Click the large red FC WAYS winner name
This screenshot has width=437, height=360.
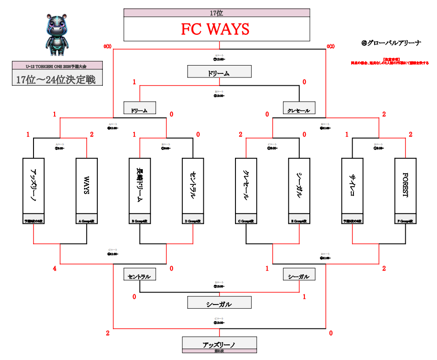216,29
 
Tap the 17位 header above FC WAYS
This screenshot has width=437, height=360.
217,13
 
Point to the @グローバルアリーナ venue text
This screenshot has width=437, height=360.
391,43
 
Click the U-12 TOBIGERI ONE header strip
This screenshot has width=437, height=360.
57,66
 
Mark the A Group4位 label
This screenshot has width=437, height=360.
86,221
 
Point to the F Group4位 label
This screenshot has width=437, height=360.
405,221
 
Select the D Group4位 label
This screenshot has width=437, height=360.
193,221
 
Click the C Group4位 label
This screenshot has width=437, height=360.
246,221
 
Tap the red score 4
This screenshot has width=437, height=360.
55,269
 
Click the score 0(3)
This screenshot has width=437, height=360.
107,46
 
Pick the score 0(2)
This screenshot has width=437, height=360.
331,46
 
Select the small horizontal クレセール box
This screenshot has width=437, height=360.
299,110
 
